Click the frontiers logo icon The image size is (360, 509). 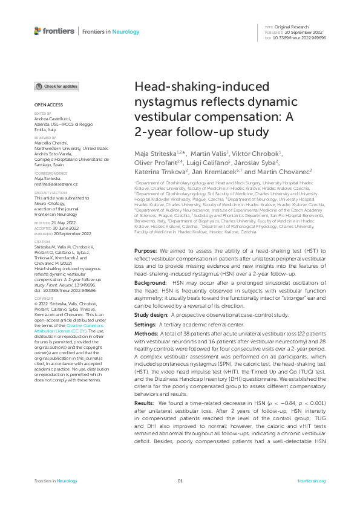[38, 31]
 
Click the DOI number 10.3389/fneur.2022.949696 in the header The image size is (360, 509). [299, 37]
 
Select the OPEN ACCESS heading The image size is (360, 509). [45, 105]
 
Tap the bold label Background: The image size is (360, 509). [150, 282]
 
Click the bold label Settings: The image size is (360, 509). [146, 325]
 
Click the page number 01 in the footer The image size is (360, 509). [180, 481]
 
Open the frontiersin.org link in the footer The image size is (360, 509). [312, 481]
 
